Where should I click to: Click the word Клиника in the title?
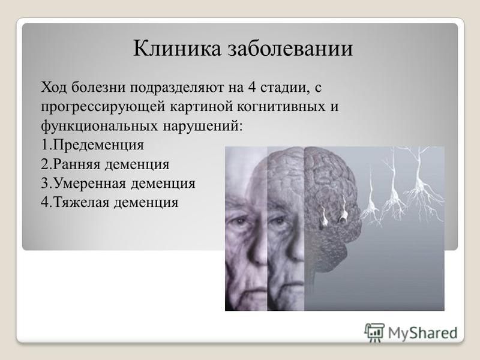(x=177, y=48)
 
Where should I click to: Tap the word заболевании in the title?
(x=290, y=48)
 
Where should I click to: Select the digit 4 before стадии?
(x=251, y=88)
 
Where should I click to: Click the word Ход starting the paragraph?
(x=54, y=88)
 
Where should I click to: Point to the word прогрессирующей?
(x=103, y=107)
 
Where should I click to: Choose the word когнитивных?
(x=278, y=107)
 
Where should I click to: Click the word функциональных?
(x=100, y=126)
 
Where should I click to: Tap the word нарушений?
(x=202, y=126)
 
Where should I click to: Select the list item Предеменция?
(x=98, y=145)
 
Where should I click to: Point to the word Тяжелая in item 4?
(x=81, y=203)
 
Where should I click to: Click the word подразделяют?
(x=177, y=88)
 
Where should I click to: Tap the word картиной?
(x=200, y=107)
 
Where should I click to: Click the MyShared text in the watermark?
(x=423, y=333)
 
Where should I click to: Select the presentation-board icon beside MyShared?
(x=374, y=332)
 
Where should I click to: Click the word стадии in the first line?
(x=283, y=88)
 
